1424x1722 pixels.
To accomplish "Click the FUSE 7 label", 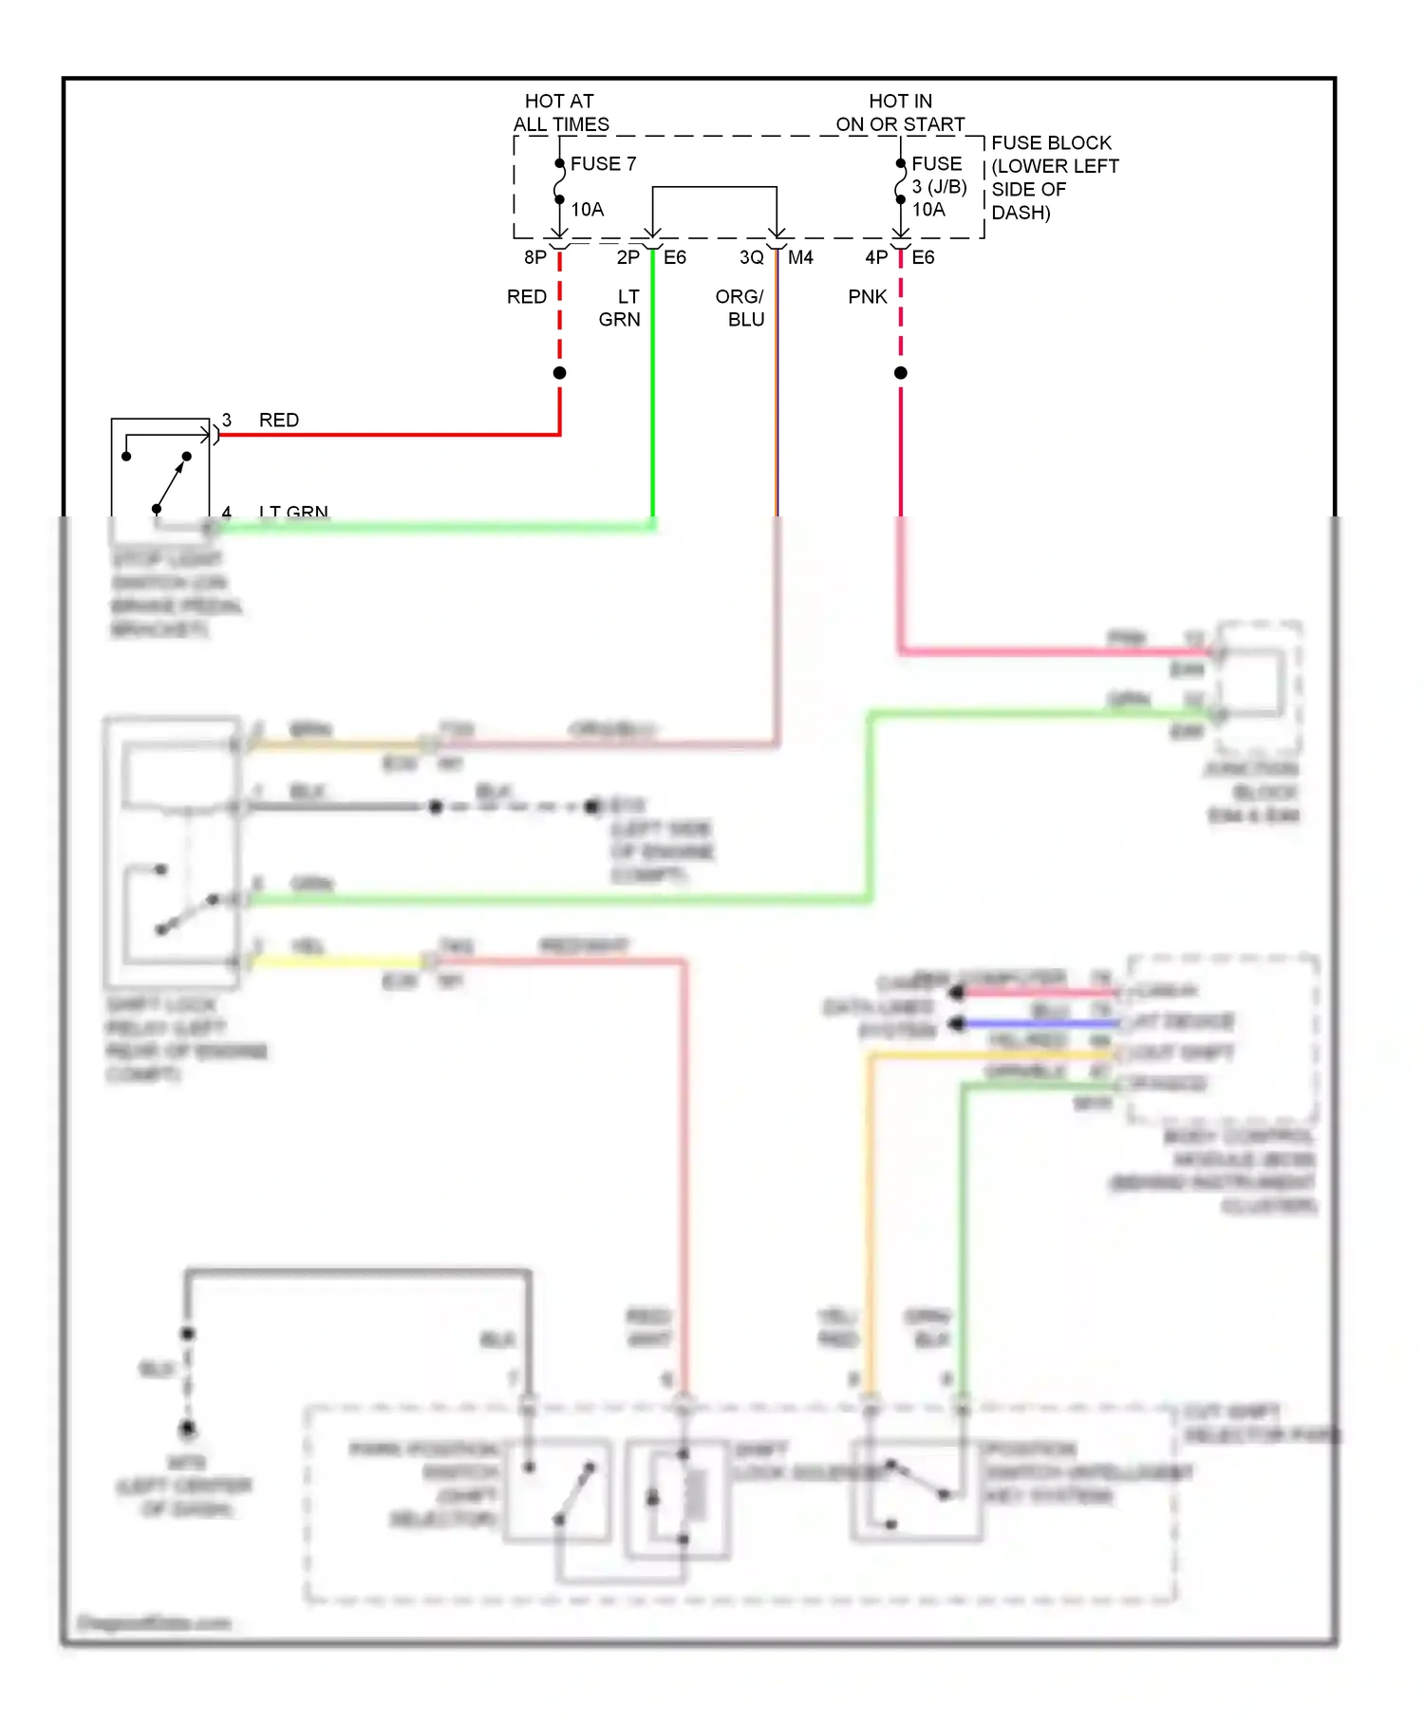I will [603, 164].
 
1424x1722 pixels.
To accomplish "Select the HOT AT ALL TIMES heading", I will [560, 113].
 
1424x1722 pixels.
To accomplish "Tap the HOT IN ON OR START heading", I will [900, 113].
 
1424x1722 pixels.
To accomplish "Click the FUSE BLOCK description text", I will [1054, 178].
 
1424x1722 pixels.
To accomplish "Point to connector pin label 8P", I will [535, 257].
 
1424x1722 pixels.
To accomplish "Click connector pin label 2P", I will [628, 257].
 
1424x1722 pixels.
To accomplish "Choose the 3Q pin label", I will [751, 257].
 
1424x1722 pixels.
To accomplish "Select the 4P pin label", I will [876, 257].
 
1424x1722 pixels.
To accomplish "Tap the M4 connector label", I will [800, 257].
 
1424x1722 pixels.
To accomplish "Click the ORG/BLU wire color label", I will [740, 308].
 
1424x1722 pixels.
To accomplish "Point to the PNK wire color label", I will [867, 297].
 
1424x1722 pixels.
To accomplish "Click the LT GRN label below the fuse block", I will [620, 308].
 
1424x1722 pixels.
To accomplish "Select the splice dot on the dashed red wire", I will [560, 373].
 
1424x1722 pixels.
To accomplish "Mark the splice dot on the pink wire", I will [901, 373].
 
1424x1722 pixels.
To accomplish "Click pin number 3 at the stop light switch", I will [227, 420].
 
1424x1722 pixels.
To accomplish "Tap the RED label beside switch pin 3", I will [279, 420].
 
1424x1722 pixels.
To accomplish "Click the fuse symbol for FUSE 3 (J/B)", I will [900, 182].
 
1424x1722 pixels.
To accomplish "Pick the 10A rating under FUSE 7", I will [587, 209].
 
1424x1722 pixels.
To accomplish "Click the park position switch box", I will [558, 1491].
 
